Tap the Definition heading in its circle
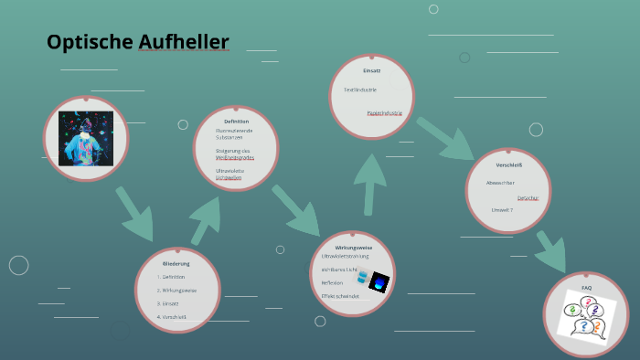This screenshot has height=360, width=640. (236, 122)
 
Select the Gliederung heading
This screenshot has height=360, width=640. (176, 263)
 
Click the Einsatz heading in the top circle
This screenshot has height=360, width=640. (371, 70)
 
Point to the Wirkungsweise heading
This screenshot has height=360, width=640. (354, 248)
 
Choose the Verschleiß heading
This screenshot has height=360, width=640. (509, 165)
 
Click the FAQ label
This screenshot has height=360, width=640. (586, 288)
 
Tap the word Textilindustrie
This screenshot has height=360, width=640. (360, 90)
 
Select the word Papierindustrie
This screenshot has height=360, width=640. (384, 112)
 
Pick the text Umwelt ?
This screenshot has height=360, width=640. (502, 210)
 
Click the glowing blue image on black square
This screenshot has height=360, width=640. (379, 283)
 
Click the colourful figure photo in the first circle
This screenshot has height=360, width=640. (86, 138)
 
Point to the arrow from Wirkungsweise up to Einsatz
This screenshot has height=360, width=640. (370, 181)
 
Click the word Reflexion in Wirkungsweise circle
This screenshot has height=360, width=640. (332, 283)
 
